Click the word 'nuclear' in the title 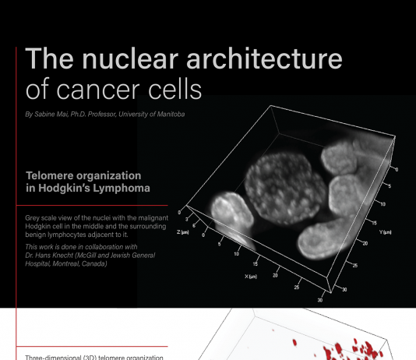[130, 58]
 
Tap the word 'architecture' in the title [265, 58]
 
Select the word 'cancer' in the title [98, 90]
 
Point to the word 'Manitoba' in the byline [171, 114]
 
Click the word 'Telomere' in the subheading [50, 175]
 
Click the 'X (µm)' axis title [251, 277]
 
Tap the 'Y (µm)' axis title [385, 232]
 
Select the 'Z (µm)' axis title [183, 232]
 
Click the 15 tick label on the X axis [255, 264]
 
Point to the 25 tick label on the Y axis [355, 265]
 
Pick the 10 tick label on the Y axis [383, 204]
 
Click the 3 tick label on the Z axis [186, 220]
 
